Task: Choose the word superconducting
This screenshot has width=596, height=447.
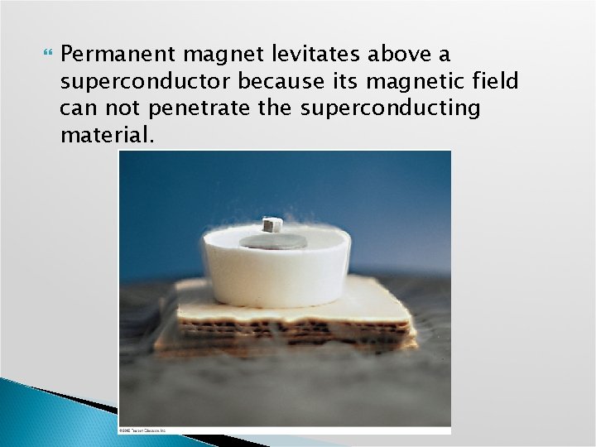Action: pyautogui.click(x=390, y=108)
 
